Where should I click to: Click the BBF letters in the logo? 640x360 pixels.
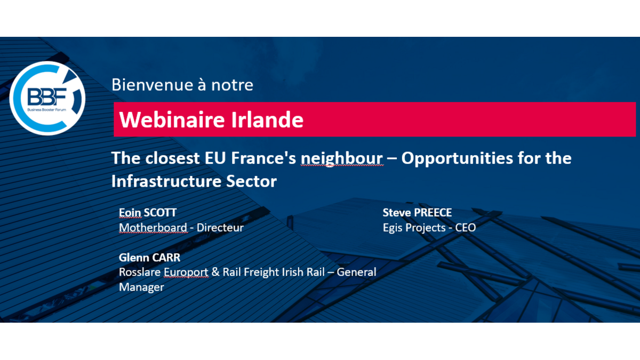(x=47, y=97)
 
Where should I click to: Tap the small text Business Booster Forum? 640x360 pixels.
(x=47, y=110)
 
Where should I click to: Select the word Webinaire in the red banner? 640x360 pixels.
(x=172, y=119)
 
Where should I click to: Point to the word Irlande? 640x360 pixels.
(x=267, y=119)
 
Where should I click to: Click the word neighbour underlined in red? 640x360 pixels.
(x=342, y=158)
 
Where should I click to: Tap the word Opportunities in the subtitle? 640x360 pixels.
(x=457, y=158)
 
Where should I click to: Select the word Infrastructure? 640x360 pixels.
(x=166, y=181)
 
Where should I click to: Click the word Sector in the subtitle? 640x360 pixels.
(x=251, y=181)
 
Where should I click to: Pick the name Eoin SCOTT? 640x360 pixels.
(x=148, y=213)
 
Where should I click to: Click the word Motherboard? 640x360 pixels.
(x=153, y=228)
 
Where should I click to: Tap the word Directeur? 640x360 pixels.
(x=220, y=228)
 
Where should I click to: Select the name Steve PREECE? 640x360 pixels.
(x=417, y=213)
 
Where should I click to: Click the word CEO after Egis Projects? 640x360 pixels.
(x=466, y=228)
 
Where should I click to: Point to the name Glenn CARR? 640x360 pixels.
(x=149, y=258)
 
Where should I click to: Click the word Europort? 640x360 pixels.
(x=186, y=273)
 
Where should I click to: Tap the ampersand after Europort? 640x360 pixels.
(x=215, y=272)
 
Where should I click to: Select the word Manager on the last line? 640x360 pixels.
(x=141, y=287)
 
